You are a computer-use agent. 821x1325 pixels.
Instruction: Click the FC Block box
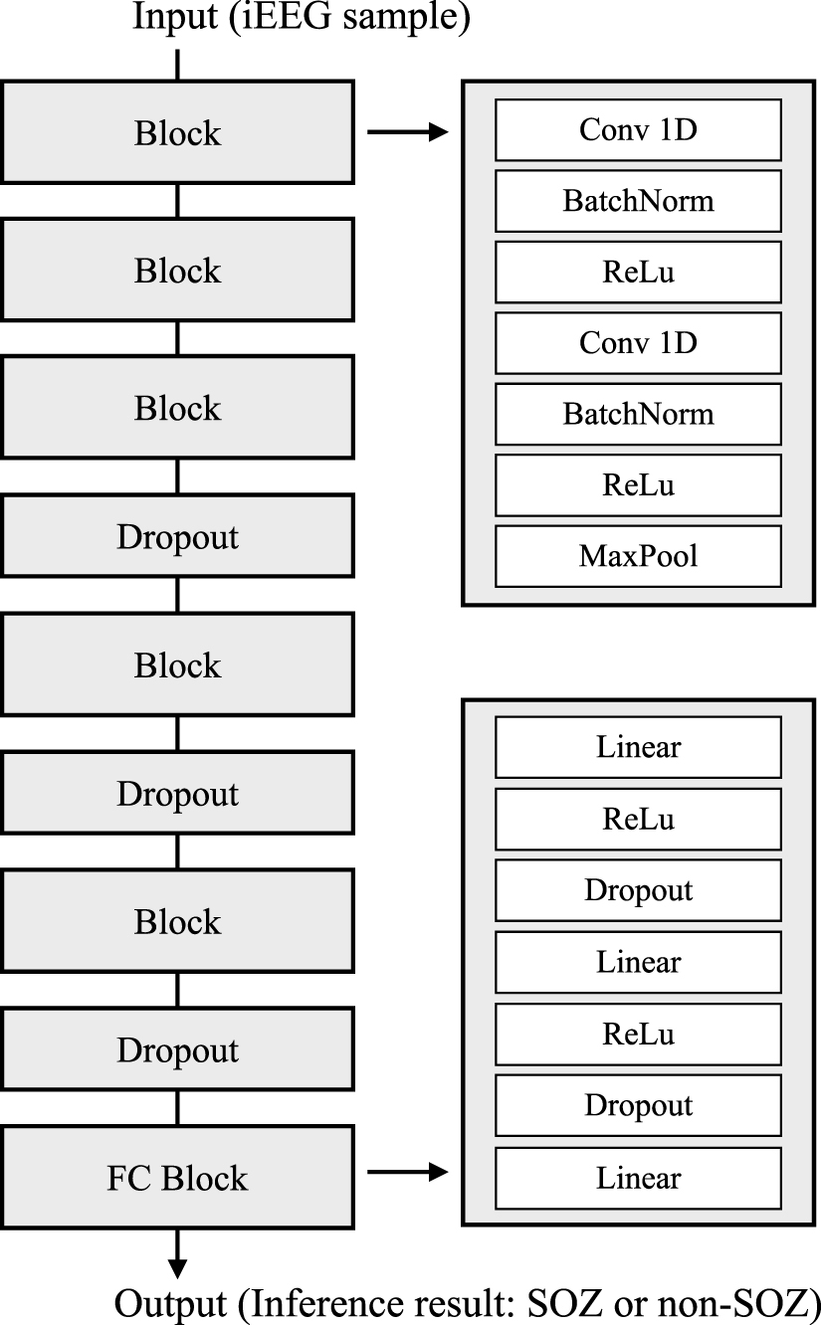tap(177, 1178)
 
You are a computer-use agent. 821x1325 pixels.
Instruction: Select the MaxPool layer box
tap(638, 556)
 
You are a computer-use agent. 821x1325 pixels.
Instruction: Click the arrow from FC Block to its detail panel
tap(408, 1173)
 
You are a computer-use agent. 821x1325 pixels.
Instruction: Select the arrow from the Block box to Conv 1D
tap(408, 130)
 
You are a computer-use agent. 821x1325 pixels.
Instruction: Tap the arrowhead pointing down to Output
tap(177, 1267)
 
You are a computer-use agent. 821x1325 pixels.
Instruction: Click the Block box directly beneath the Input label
tap(177, 132)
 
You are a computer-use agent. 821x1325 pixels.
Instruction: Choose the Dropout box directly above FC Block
tap(177, 1050)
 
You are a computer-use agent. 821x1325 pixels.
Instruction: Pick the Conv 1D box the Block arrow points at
tap(638, 129)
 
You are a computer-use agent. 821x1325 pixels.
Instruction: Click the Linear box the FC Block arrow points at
tap(638, 1179)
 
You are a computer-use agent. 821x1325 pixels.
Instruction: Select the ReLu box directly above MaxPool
tap(638, 484)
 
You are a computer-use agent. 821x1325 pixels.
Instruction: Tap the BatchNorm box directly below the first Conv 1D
tap(638, 201)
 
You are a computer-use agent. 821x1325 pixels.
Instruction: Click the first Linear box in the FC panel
tap(638, 747)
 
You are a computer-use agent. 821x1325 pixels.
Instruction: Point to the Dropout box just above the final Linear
tap(638, 1106)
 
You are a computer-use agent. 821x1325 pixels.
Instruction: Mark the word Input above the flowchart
tap(172, 18)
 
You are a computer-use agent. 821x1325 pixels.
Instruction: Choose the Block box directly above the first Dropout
tap(177, 408)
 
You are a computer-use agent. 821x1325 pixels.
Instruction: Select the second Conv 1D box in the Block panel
tap(638, 343)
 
